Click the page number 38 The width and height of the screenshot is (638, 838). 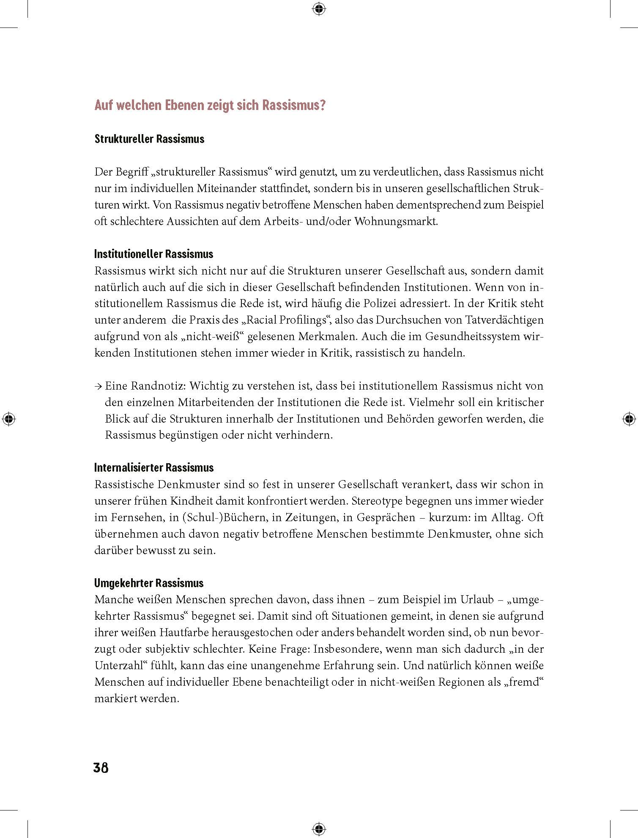click(101, 767)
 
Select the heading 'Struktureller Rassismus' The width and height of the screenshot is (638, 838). click(149, 139)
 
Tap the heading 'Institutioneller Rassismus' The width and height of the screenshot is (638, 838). click(154, 254)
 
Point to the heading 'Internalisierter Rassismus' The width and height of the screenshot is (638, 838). click(154, 468)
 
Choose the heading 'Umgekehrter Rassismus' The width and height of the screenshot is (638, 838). click(149, 583)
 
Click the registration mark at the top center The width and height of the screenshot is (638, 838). click(319, 8)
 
